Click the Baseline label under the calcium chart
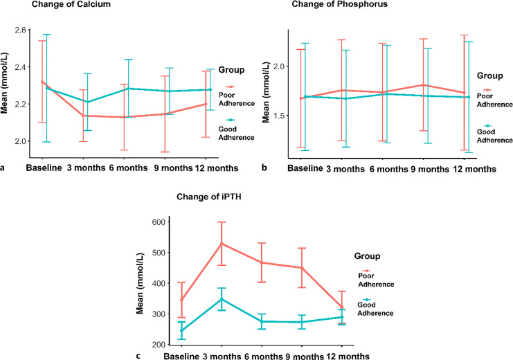click(45, 168)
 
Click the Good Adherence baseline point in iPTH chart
click(182, 330)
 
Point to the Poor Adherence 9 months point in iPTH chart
click(301, 267)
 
